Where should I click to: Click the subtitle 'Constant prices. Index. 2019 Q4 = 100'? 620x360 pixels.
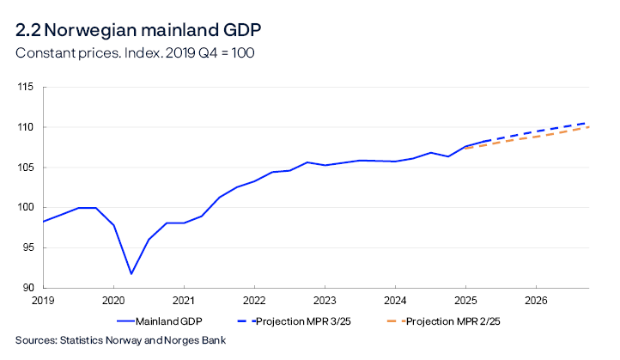pos(136,52)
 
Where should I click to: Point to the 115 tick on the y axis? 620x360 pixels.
pos(24,87)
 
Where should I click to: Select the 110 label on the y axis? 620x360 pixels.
pos(24,127)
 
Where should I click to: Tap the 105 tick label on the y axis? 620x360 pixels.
pos(24,168)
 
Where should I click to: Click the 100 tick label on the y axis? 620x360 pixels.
pos(24,207)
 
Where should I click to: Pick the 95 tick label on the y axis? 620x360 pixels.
pos(26,247)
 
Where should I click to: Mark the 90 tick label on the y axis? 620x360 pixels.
pos(26,288)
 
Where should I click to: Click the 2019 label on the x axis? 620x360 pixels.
pos(43,302)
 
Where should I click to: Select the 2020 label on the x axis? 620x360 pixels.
pos(113,302)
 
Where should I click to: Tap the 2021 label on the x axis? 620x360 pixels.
pos(184,302)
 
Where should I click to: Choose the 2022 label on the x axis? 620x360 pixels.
pos(254,302)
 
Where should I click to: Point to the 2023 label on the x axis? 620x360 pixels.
pos(325,302)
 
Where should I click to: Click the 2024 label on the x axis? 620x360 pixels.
pos(395,302)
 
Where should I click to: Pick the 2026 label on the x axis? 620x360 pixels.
pos(536,302)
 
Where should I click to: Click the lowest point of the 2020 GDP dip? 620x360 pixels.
pos(131,274)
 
